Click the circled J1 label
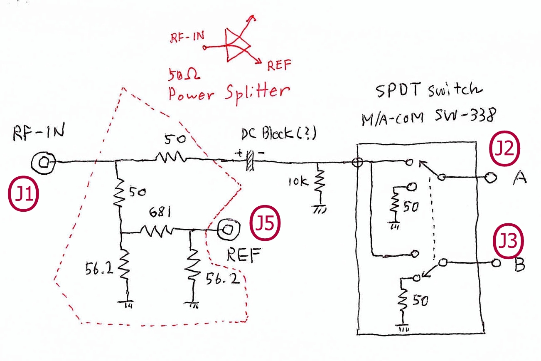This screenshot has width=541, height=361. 23,194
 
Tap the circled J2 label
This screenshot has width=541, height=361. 504,148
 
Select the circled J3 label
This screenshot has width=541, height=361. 508,241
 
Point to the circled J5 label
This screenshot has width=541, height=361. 265,223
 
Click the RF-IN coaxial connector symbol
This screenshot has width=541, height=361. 44,163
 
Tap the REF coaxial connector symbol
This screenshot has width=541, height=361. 229,230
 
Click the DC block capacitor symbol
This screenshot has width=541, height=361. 250,160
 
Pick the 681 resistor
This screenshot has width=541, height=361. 157,231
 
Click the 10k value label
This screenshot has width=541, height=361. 298,181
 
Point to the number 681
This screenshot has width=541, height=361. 160,212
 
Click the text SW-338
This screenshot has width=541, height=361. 466,115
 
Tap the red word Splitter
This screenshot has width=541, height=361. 258,93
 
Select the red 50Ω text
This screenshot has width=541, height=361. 184,74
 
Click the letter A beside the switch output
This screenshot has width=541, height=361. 520,178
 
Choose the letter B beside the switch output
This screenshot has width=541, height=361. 520,265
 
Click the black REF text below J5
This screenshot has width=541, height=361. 243,255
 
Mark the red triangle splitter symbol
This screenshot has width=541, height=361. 238,45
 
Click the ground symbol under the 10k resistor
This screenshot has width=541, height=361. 320,209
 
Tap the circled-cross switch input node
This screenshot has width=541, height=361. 357,162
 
